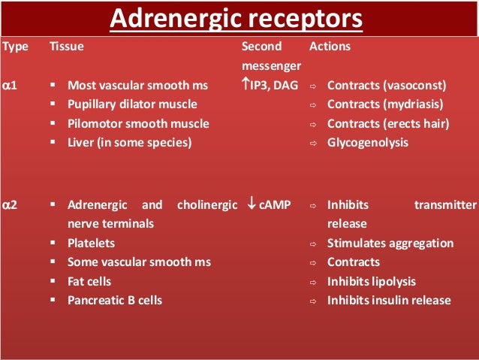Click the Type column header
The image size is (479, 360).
(15, 47)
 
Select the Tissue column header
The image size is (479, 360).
(66, 47)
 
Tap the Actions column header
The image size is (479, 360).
(330, 47)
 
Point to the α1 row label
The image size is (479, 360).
(11, 86)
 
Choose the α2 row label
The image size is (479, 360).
(11, 204)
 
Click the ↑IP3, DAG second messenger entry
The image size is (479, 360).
(270, 86)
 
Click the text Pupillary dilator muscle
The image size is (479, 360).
(132, 104)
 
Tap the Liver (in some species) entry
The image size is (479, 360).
(129, 142)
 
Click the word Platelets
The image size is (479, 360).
(92, 243)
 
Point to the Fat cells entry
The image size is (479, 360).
(89, 281)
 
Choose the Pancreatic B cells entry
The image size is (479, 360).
(114, 300)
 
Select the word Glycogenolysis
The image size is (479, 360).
(368, 142)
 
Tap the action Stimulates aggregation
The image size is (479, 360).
(390, 243)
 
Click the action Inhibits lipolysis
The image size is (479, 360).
(371, 281)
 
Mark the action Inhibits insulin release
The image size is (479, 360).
(389, 300)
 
